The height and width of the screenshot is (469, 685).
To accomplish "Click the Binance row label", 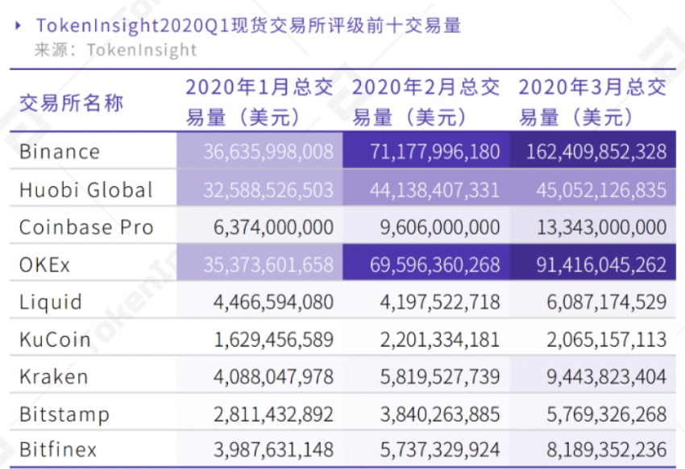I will click(x=60, y=151).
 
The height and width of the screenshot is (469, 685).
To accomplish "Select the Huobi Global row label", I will click(x=85, y=190).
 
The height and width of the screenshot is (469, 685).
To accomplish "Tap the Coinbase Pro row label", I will click(x=85, y=227).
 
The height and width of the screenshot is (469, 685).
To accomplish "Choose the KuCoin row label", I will click(x=54, y=339).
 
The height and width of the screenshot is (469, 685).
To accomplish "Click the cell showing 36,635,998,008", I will click(x=268, y=151).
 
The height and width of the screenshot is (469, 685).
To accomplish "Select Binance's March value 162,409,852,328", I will click(x=597, y=151).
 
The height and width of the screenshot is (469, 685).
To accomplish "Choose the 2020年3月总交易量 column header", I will click(x=592, y=102).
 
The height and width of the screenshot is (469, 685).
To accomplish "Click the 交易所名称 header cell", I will click(x=72, y=103).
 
